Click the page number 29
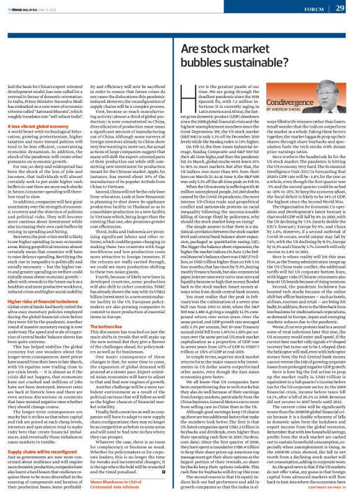coord(340,7)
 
